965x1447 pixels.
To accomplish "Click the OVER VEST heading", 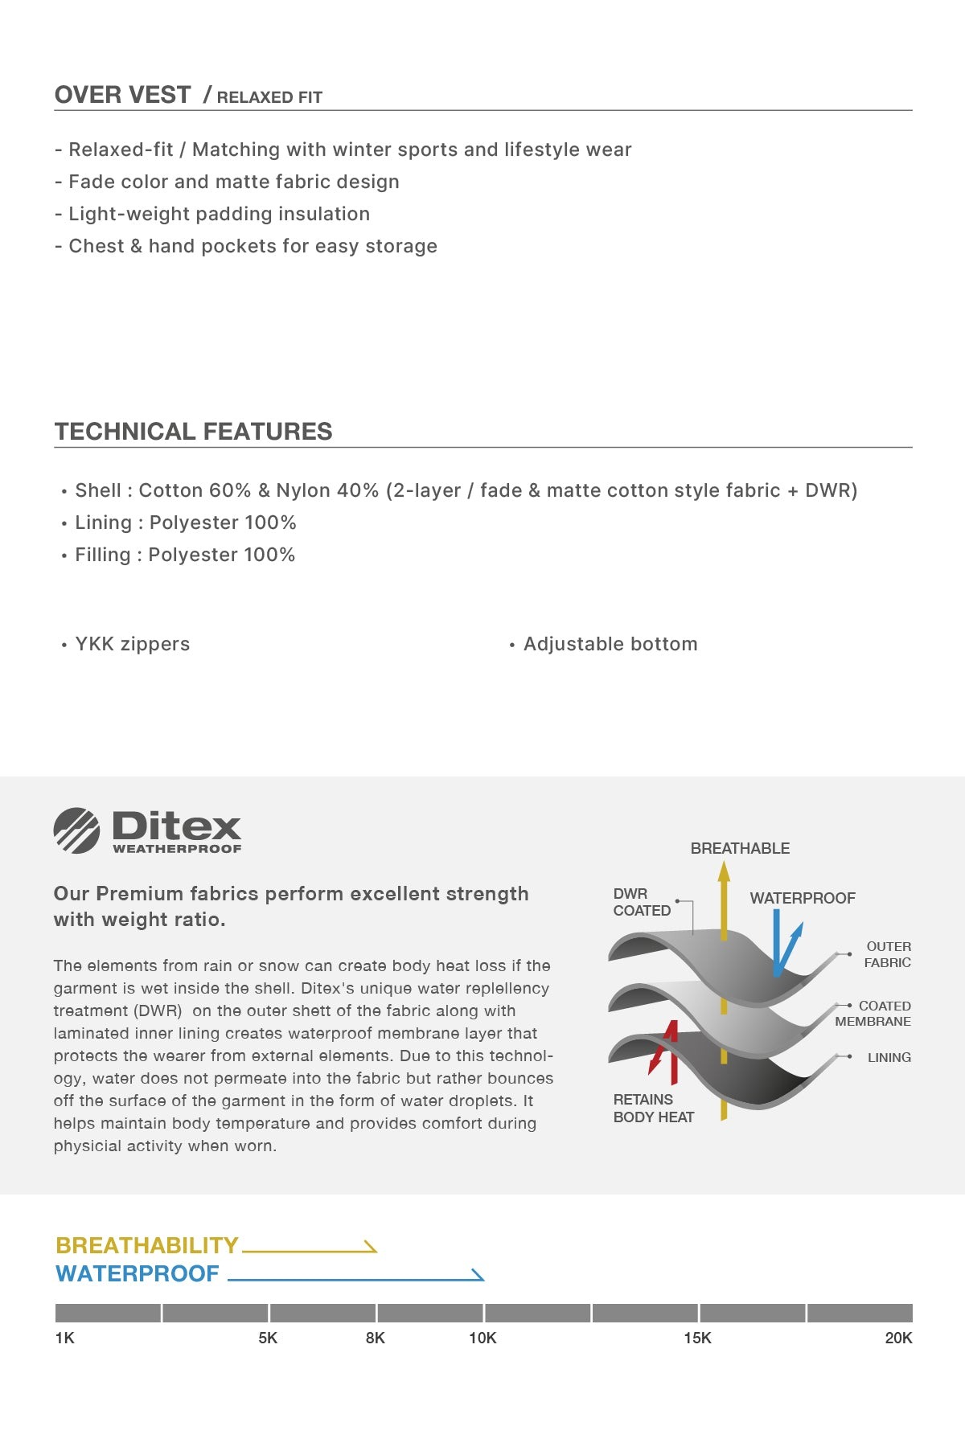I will pyautogui.click(x=123, y=95).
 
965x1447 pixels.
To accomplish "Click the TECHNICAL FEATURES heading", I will pyautogui.click(x=193, y=432).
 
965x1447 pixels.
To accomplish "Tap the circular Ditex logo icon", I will pyautogui.click(x=76, y=830).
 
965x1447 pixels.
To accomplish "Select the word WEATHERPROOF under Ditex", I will pyautogui.click(x=177, y=849).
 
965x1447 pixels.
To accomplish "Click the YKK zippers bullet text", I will pyautogui.click(x=132, y=644).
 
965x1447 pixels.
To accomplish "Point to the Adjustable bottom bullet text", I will pyautogui.click(x=610, y=644).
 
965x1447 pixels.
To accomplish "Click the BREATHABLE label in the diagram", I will pyautogui.click(x=740, y=848).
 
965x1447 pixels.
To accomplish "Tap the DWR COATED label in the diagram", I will pyautogui.click(x=642, y=902).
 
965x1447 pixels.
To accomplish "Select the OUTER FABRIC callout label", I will pyautogui.click(x=888, y=954).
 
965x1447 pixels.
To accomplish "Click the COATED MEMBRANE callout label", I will pyautogui.click(x=873, y=1014).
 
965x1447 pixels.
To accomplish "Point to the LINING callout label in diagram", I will pyautogui.click(x=889, y=1058).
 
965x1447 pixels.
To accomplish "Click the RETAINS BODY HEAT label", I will pyautogui.click(x=653, y=1108).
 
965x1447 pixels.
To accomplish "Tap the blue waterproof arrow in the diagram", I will pyautogui.click(x=780, y=945).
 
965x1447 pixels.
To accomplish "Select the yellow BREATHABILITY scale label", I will pyautogui.click(x=147, y=1245).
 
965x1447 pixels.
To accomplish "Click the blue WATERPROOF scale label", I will pyautogui.click(x=138, y=1273).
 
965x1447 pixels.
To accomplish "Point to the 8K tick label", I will pyautogui.click(x=376, y=1338).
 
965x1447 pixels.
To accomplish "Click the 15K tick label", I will pyautogui.click(x=697, y=1338).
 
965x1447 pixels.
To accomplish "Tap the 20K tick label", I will pyautogui.click(x=898, y=1338).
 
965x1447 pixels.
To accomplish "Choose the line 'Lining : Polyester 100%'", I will pyautogui.click(x=185, y=523).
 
